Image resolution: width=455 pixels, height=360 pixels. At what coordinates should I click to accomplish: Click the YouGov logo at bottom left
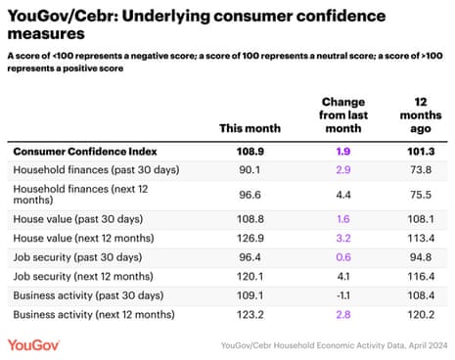(36, 344)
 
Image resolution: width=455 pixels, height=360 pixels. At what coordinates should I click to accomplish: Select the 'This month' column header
(251, 127)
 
